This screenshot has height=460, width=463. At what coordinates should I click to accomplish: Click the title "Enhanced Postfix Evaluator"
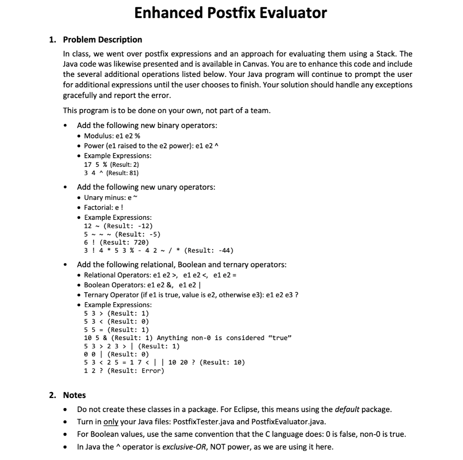click(x=231, y=13)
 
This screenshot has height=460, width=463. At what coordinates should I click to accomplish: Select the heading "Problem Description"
click(x=102, y=39)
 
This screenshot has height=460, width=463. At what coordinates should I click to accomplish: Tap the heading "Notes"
click(x=74, y=395)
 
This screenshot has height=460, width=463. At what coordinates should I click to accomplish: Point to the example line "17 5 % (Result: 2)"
click(x=112, y=164)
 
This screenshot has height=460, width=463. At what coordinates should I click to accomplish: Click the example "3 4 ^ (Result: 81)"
click(x=112, y=173)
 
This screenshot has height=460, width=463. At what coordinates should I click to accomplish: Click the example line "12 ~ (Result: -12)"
click(x=118, y=226)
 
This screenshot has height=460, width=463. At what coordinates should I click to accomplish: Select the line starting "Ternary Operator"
click(x=191, y=294)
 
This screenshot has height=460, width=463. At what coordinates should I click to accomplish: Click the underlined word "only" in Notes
click(x=111, y=422)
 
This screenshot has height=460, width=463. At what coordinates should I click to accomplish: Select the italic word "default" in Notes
click(x=347, y=409)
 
